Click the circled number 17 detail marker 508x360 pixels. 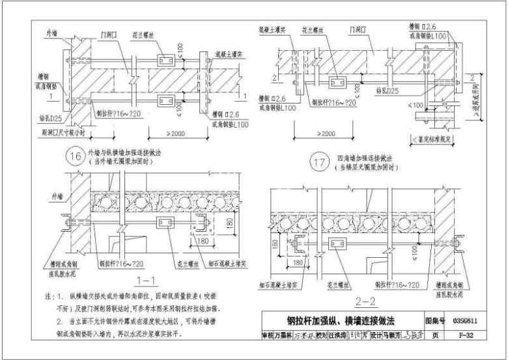click(x=318, y=163)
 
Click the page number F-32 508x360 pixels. click(x=466, y=336)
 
